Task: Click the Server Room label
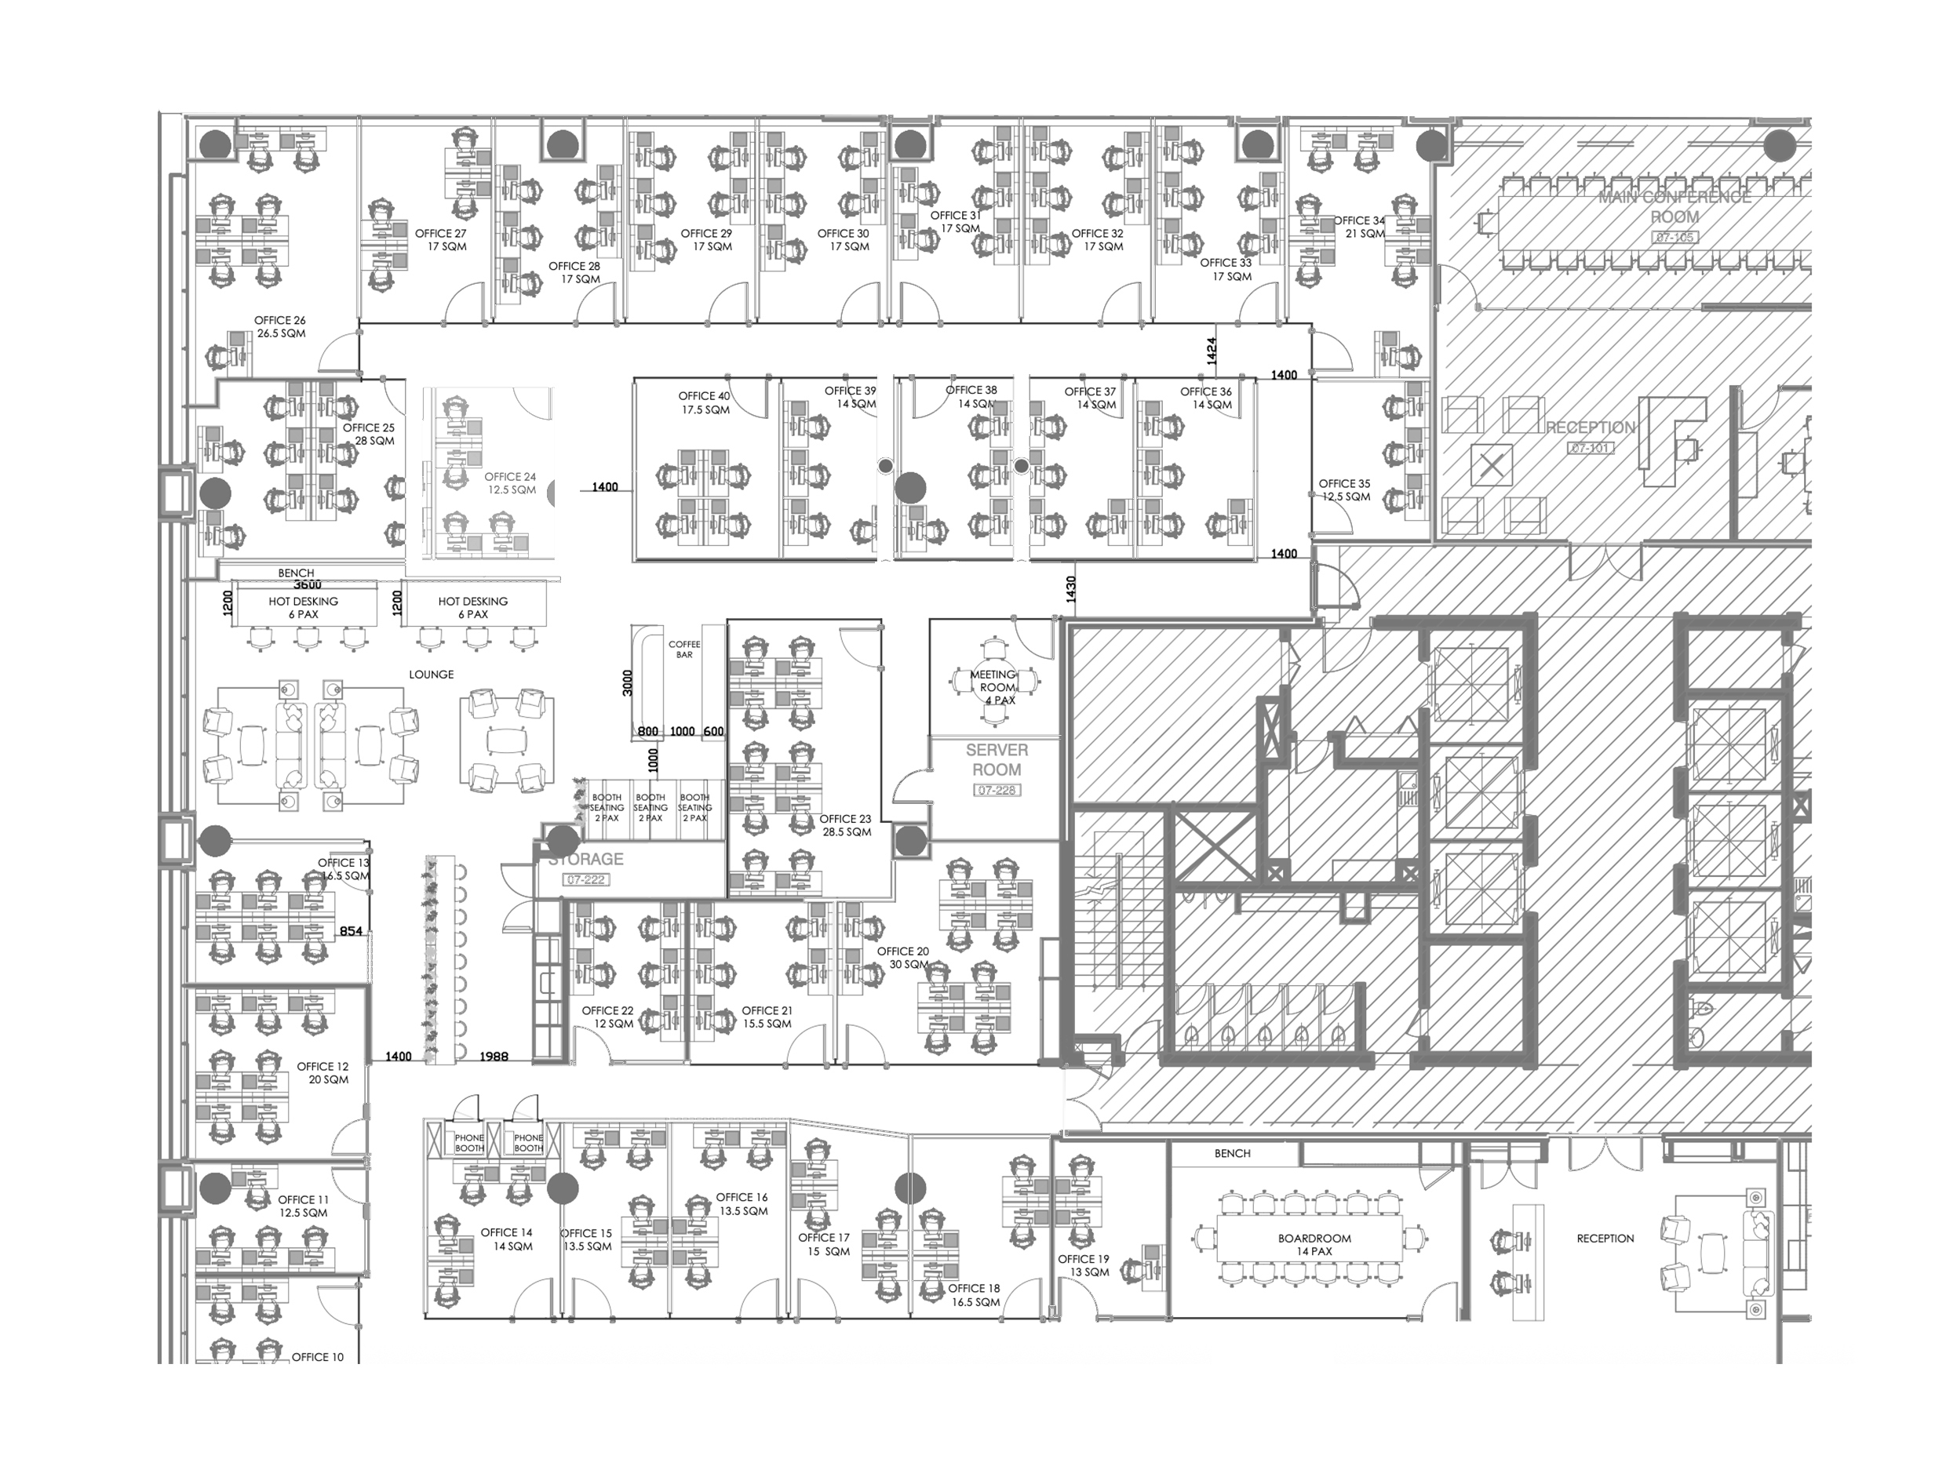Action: [996, 760]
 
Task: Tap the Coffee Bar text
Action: [683, 649]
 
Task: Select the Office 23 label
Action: [845, 825]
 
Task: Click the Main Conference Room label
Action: [1675, 206]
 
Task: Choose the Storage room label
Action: [585, 859]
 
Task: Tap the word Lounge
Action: [431, 675]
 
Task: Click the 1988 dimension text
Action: [494, 1057]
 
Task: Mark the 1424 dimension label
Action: [1212, 351]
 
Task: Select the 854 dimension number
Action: [351, 931]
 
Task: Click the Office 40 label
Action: [704, 402]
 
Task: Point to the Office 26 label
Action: [281, 327]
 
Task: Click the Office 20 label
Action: [903, 958]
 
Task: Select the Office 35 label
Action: [1344, 489]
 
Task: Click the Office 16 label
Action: [742, 1204]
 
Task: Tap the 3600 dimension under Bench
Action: [307, 585]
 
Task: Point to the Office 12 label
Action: [323, 1073]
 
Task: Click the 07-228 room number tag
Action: [996, 791]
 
